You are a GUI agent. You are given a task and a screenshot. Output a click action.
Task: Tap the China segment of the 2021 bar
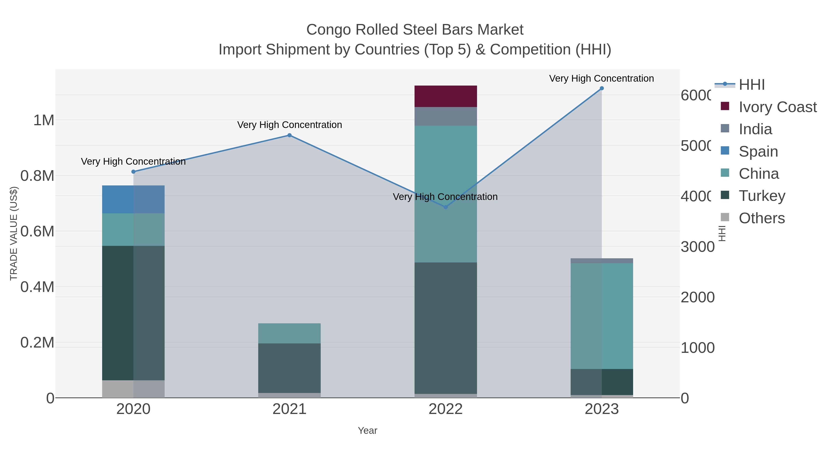289,333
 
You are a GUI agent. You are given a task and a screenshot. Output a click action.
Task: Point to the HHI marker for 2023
602,88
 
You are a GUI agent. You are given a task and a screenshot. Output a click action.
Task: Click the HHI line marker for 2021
289,135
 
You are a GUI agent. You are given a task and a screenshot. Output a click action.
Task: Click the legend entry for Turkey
762,196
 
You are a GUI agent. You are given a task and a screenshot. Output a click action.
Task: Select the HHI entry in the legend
751,85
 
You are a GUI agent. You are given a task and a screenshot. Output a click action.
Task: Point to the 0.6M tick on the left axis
37,231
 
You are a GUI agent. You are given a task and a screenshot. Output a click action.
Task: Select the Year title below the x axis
367,431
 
